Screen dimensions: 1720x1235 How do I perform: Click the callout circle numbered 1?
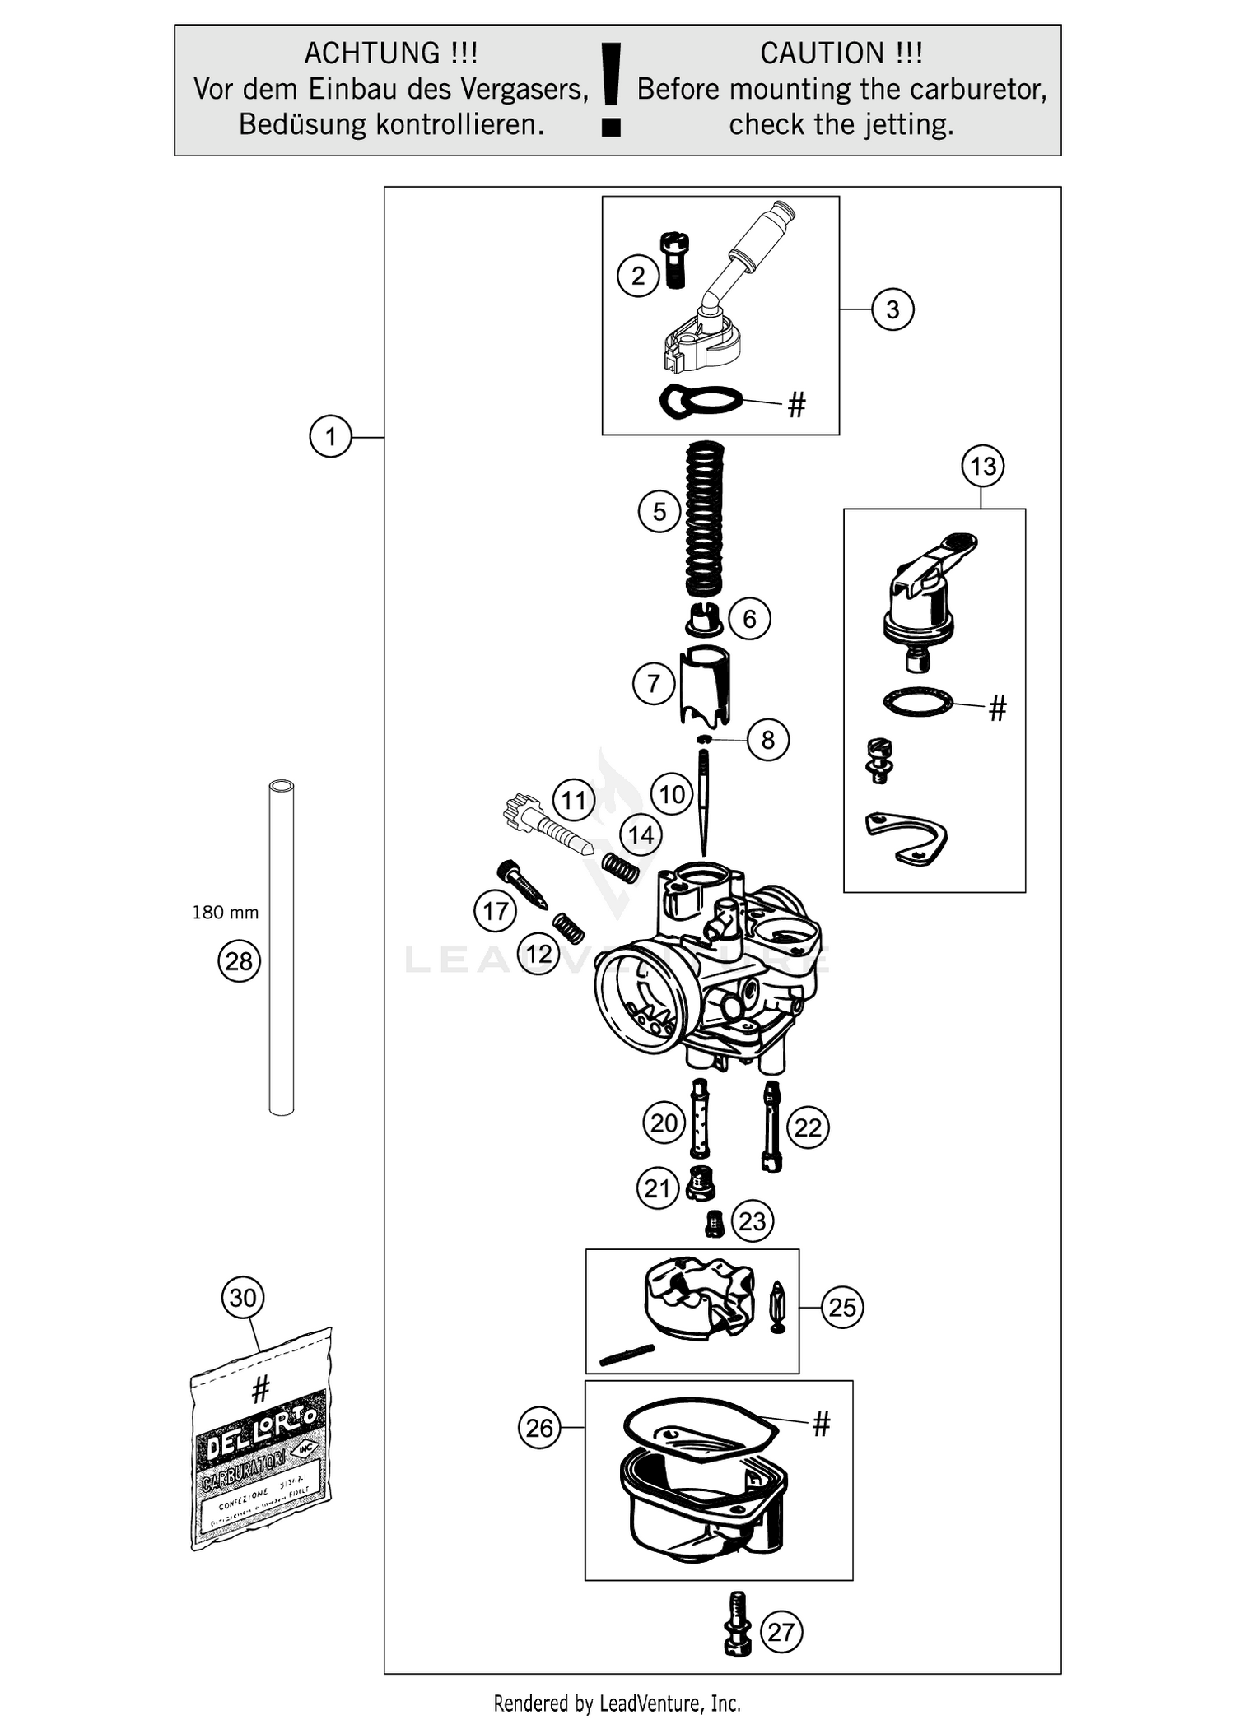coord(330,436)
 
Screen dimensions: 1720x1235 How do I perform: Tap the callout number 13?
coord(982,467)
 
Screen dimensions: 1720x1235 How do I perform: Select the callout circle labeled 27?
coord(781,1632)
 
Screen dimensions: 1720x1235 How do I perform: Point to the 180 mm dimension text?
coord(225,912)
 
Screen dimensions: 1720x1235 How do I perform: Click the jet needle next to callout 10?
coord(704,802)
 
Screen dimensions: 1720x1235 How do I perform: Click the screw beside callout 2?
coord(674,260)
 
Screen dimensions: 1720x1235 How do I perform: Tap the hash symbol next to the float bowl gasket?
coord(821,1424)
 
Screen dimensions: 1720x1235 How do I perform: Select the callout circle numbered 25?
coord(842,1307)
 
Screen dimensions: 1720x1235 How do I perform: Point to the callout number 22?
coord(808,1127)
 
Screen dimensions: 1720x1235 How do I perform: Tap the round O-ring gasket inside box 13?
coord(917,702)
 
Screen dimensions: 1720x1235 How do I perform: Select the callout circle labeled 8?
coord(767,740)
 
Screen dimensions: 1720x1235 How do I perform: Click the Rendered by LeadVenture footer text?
coord(617,1703)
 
